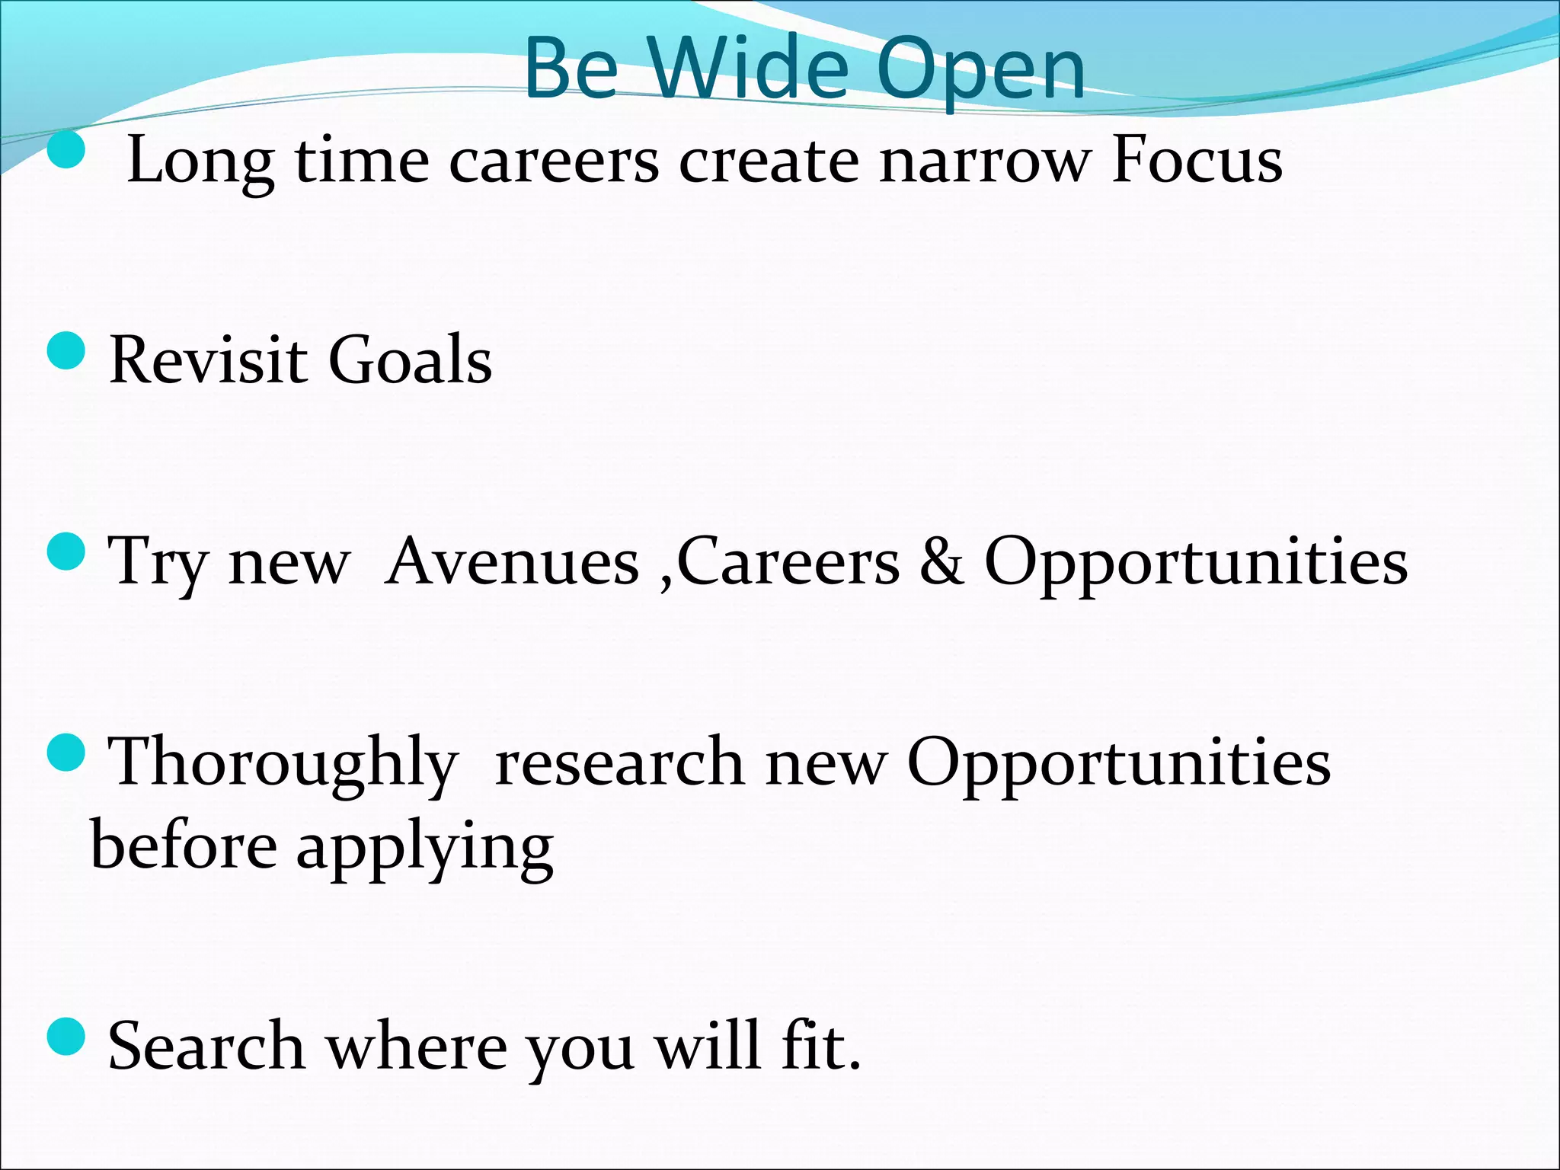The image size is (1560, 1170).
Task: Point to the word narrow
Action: pos(983,162)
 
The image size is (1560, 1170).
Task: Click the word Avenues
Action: pos(512,561)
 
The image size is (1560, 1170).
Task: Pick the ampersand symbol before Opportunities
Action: pos(941,561)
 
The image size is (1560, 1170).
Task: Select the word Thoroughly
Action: pos(283,764)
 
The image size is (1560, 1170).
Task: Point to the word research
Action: pos(619,764)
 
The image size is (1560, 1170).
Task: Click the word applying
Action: pos(424,847)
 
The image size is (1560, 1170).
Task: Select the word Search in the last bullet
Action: pos(206,1046)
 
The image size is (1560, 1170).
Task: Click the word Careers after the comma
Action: pos(788,561)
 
